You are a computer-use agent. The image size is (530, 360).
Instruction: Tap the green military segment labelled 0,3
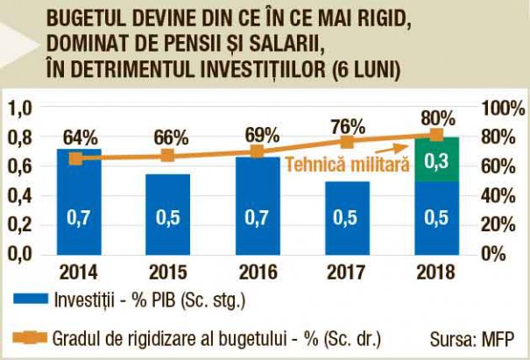point(435,159)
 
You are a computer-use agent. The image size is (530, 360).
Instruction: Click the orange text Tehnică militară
point(350,164)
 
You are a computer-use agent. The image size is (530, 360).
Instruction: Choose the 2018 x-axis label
point(435,271)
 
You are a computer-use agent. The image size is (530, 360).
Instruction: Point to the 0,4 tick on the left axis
point(19,195)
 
